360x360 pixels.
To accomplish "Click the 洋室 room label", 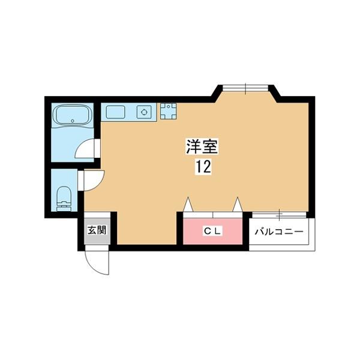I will tap(200, 147).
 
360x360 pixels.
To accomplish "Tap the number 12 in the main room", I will tap(202, 167).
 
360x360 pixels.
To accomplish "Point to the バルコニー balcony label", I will tap(280, 231).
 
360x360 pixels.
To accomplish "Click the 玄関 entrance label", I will tap(97, 229).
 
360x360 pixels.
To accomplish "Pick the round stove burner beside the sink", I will tap(144, 112).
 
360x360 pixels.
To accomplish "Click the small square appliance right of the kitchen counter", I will tap(167, 111).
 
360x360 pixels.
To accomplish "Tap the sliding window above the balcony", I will tap(280, 214).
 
